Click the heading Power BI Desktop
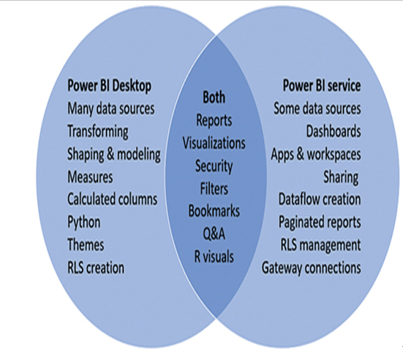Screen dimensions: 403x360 point(110,86)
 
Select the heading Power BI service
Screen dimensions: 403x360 point(322,86)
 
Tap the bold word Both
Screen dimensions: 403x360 point(214,97)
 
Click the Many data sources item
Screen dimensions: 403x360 point(111,109)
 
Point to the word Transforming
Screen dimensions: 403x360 point(98,132)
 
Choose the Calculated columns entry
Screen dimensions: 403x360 point(113,199)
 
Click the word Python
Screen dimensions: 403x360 point(84,222)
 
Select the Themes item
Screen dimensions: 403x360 point(86,244)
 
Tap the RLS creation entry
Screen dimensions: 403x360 point(96,268)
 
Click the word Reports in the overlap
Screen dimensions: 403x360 point(214,120)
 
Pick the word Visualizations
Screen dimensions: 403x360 point(214,143)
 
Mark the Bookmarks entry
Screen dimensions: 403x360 point(214,211)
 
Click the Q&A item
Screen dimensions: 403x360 point(214,234)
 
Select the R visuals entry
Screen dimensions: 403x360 point(214,257)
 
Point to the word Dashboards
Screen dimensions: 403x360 point(334,132)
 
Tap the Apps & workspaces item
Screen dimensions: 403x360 point(316,154)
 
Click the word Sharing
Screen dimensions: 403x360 point(341,177)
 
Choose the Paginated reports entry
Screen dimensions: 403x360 point(320,222)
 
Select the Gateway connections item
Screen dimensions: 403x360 point(312,268)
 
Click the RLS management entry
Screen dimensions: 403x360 point(321,245)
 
